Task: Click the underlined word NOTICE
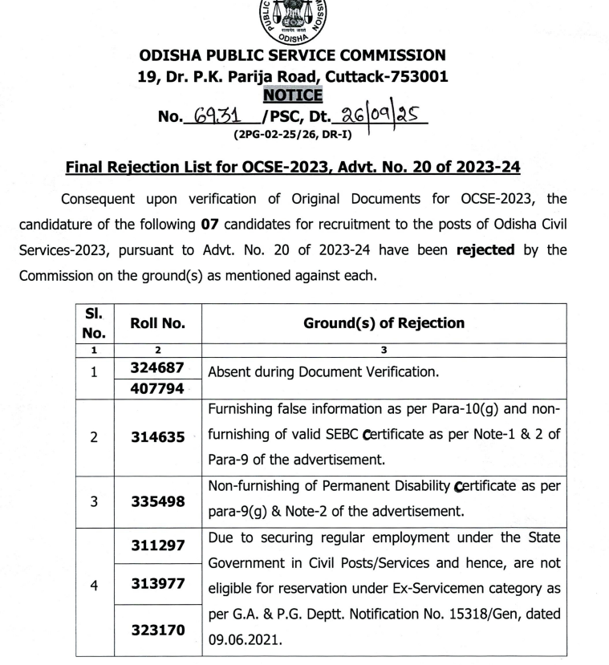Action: pos(293,95)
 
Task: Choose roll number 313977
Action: pos(159,585)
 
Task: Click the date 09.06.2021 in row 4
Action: pos(244,640)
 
